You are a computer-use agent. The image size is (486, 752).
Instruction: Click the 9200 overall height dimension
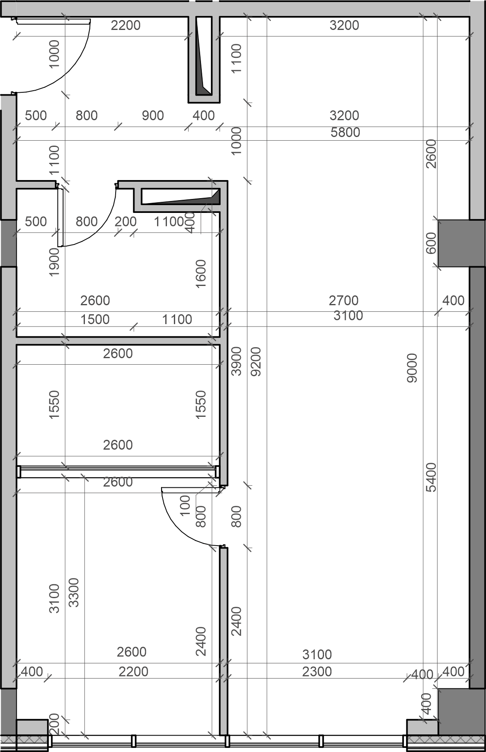point(256,361)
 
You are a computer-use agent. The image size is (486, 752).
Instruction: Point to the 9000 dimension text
point(412,368)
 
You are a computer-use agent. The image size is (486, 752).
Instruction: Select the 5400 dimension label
point(431,477)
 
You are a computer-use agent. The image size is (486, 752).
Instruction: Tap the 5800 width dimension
point(345,133)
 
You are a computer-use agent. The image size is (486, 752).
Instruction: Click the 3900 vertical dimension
point(237,361)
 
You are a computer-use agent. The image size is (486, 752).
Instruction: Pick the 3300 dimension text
point(74,592)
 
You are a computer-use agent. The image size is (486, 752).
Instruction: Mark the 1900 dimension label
point(54,262)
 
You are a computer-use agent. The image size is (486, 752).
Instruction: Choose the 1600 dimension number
point(201,274)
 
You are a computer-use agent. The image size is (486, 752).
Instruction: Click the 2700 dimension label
point(344,301)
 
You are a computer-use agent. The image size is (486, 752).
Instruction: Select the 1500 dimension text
point(95,320)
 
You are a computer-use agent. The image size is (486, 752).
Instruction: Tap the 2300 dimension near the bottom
point(317,672)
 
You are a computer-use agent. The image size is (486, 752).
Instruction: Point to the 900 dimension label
point(153,116)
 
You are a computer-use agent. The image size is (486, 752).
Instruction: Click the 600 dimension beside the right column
point(431,243)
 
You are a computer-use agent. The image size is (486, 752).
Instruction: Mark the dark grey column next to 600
point(453,244)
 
